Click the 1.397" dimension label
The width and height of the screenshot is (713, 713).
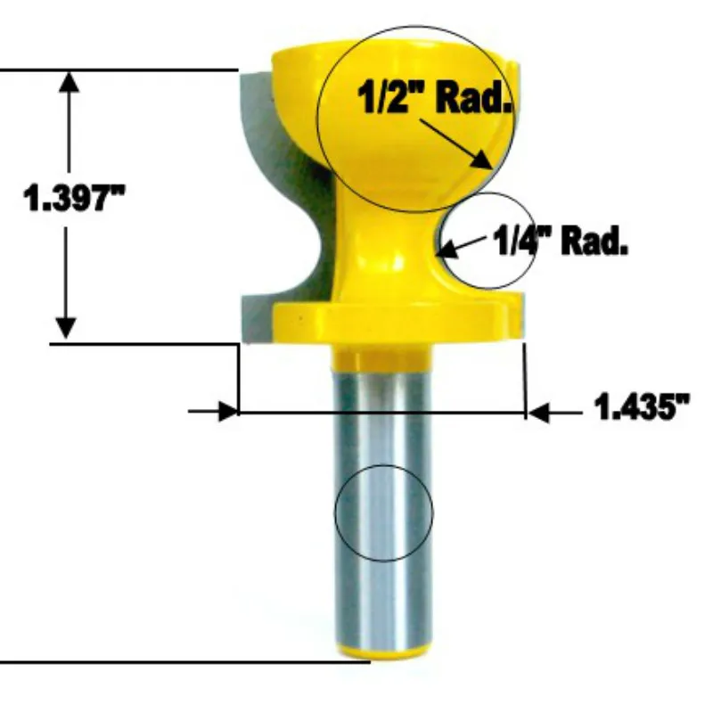click(74, 198)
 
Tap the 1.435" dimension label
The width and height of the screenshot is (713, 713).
click(642, 406)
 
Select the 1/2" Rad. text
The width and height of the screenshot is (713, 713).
click(435, 96)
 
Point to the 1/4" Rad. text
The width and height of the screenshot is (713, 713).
click(561, 240)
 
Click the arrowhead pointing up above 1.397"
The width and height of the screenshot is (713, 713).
click(69, 82)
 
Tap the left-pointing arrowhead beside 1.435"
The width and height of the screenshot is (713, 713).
click(539, 413)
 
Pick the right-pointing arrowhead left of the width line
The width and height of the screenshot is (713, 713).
click(228, 412)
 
